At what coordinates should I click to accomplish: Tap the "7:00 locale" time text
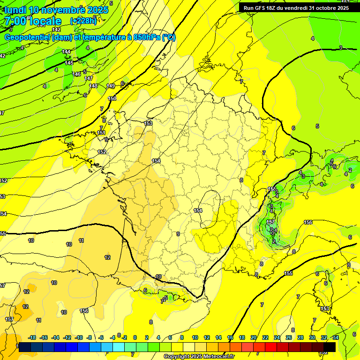33,21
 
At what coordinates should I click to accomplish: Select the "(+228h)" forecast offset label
83,21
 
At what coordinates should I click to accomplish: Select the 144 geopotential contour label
66,52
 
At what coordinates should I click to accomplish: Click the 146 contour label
77,74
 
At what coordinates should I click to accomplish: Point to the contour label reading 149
111,86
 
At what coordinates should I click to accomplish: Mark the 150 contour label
112,98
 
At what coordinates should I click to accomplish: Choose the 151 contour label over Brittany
101,133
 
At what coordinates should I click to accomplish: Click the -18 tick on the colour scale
32,337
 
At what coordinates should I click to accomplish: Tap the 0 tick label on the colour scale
135,337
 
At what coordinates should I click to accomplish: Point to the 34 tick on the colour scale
336,337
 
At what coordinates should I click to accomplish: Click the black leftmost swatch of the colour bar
25,347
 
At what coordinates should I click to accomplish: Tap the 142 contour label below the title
56,30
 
